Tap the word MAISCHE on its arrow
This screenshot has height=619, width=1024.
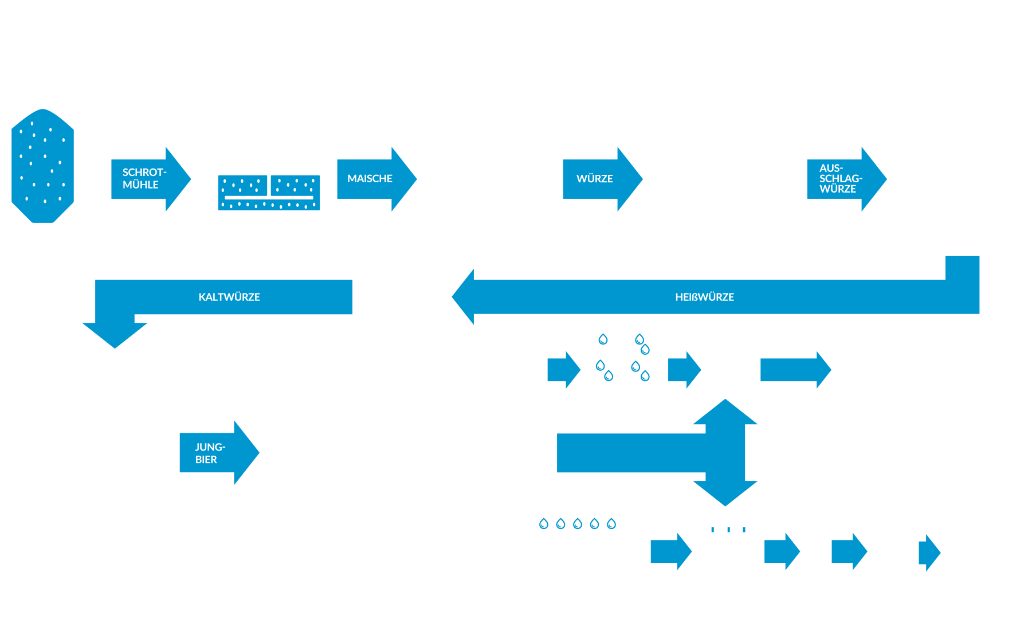point(370,179)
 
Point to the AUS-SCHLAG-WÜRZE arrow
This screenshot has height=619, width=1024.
point(842,179)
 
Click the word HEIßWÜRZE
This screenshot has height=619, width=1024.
point(704,297)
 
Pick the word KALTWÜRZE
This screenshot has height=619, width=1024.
point(229,297)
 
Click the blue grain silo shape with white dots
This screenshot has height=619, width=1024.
point(42,166)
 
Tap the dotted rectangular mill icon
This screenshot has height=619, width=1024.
point(269,193)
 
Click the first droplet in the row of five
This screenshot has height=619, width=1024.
point(544,523)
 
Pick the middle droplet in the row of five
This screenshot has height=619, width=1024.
point(578,523)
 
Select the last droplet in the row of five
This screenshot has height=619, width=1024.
point(611,523)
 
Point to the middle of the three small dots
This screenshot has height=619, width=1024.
point(728,530)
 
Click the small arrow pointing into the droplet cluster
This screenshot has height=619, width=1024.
point(563,370)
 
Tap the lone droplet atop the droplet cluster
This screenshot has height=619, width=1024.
point(603,339)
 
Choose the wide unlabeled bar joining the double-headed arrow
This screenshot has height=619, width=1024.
point(630,453)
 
